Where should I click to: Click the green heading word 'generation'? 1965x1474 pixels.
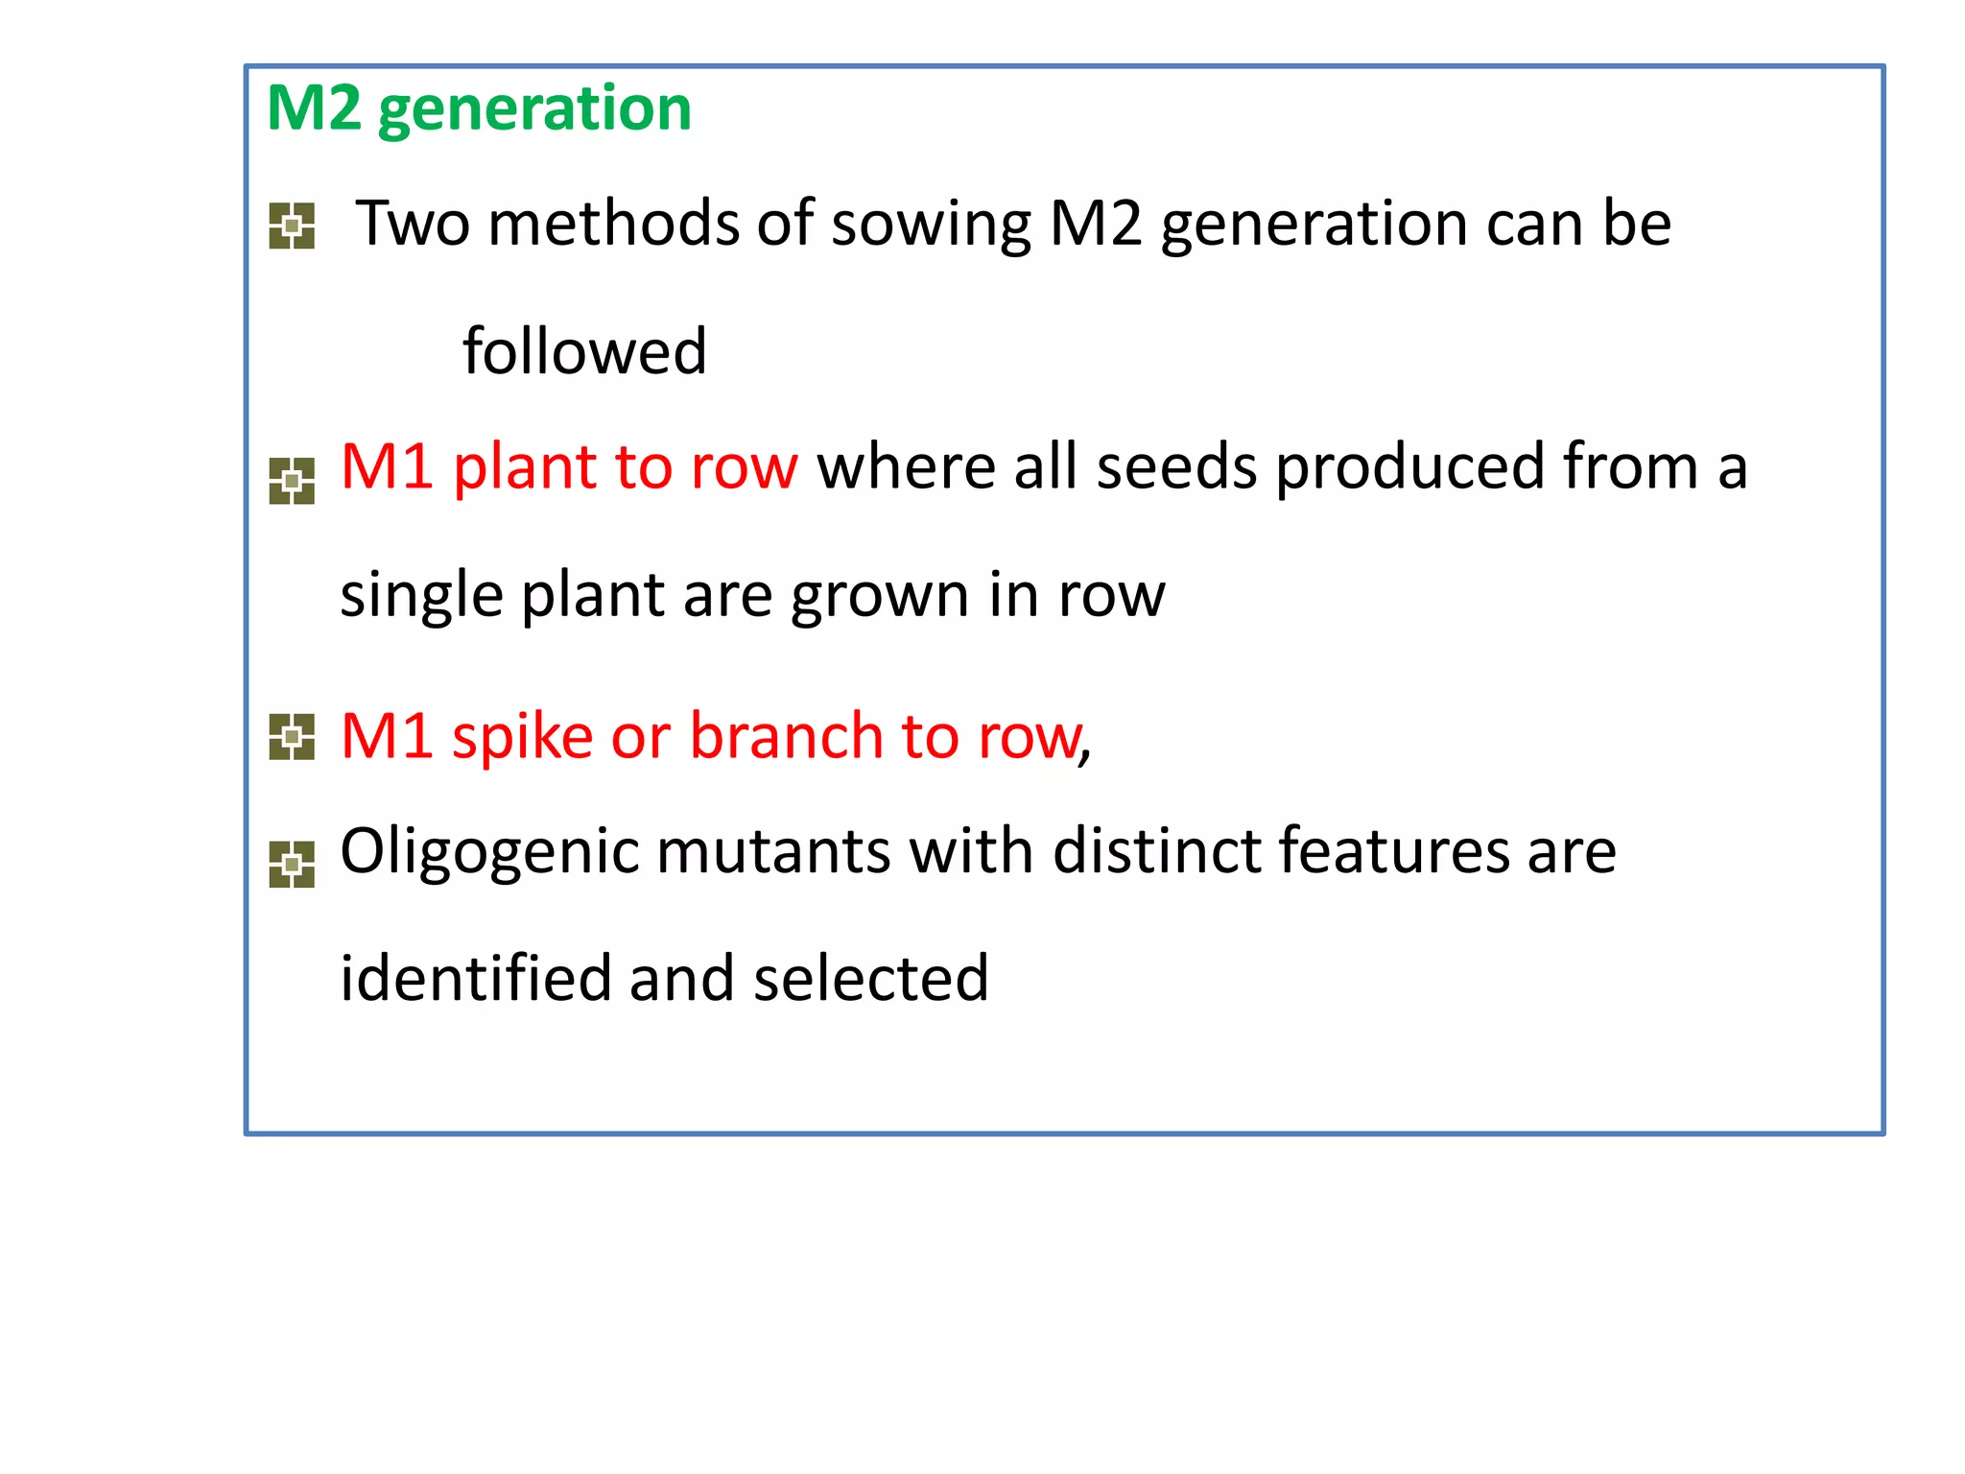(534, 109)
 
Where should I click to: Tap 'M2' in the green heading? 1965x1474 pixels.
(314, 107)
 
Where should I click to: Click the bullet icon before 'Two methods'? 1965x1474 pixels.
(292, 226)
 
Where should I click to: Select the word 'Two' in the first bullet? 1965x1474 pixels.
(413, 224)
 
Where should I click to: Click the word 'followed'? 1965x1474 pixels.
(584, 351)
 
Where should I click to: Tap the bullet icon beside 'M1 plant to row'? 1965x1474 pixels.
(292, 481)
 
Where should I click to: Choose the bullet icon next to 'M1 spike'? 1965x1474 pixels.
(292, 737)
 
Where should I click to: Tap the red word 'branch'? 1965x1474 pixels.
(786, 737)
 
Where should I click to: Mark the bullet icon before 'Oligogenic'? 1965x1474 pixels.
(292, 864)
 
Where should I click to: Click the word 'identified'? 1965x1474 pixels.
(475, 979)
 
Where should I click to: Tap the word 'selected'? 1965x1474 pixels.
(870, 979)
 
